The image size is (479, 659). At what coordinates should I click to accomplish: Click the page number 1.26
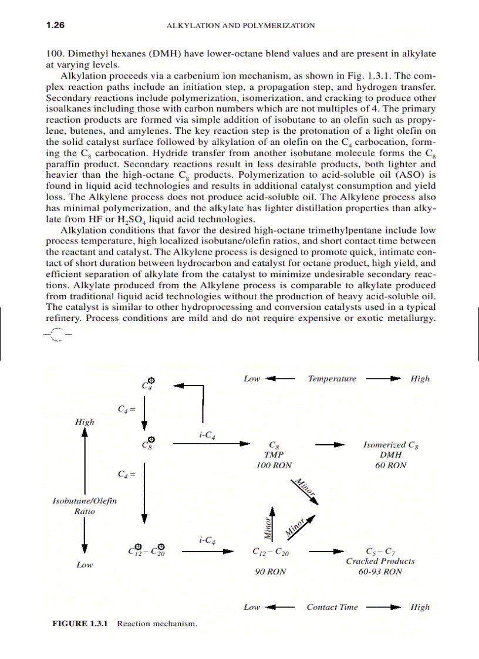pyautogui.click(x=55, y=25)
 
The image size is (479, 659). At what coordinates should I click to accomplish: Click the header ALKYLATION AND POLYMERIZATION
pyautogui.click(x=241, y=25)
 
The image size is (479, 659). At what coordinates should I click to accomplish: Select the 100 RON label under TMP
pyautogui.click(x=274, y=465)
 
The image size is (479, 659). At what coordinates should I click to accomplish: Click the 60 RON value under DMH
pyautogui.click(x=390, y=465)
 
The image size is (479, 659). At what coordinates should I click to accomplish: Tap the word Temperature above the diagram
pyautogui.click(x=332, y=378)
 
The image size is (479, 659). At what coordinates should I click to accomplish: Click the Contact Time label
pyautogui.click(x=332, y=607)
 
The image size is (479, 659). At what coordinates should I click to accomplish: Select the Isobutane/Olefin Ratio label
pyautogui.click(x=85, y=505)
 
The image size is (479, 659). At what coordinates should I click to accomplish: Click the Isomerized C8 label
pyautogui.click(x=390, y=445)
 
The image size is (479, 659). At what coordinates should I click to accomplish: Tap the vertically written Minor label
pyautogui.click(x=267, y=528)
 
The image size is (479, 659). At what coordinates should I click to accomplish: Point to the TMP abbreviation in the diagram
pyautogui.click(x=274, y=455)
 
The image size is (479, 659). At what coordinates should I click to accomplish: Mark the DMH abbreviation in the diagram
pyautogui.click(x=390, y=455)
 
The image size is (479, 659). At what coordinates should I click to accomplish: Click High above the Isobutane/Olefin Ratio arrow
pyautogui.click(x=85, y=421)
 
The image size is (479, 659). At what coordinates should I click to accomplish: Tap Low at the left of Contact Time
pyautogui.click(x=251, y=607)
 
